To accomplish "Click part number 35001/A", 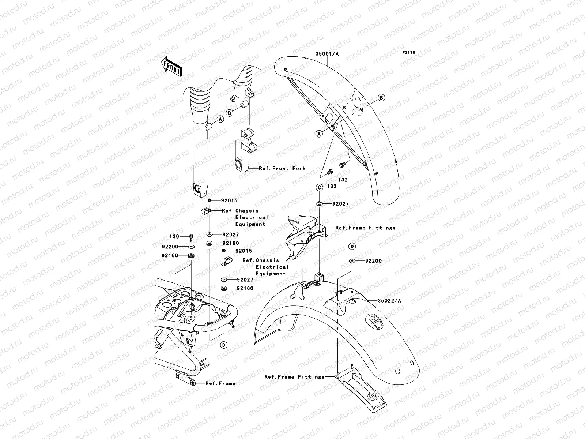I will click(327, 54).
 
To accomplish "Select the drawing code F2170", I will click(409, 53).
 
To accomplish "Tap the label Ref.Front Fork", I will click(282, 168).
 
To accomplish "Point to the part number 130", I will click(174, 237).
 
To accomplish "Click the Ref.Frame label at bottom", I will click(220, 383).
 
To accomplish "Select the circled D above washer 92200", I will click(352, 247).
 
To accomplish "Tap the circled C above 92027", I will click(319, 187).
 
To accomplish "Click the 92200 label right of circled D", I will click(373, 261).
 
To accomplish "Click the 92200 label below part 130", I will click(171, 247).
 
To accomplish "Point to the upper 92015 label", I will click(229, 200).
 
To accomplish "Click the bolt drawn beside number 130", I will click(191, 237).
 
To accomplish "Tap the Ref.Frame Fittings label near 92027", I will click(365, 228).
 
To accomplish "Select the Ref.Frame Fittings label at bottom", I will click(294, 376).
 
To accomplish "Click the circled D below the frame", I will click(223, 345).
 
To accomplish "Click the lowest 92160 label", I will click(245, 288).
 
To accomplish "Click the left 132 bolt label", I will click(332, 186).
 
